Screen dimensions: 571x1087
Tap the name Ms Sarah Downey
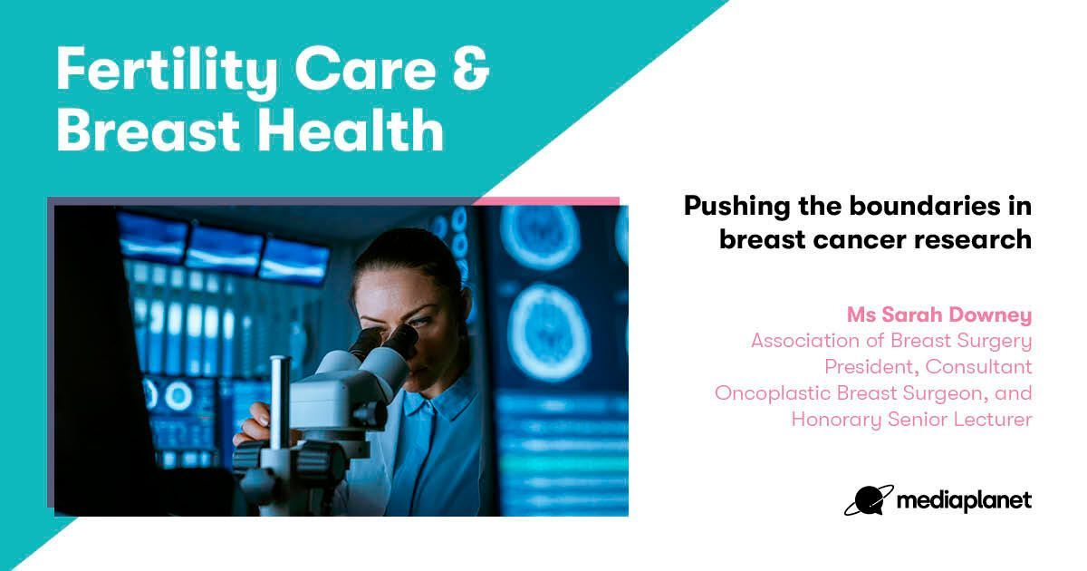pos(939,315)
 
